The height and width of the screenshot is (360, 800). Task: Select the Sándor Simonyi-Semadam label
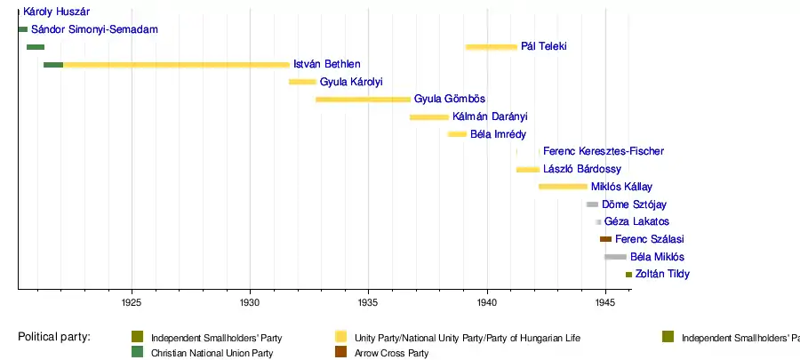click(94, 29)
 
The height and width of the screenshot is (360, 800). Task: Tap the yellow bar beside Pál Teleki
click(491, 46)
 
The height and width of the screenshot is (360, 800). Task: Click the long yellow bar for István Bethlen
click(176, 64)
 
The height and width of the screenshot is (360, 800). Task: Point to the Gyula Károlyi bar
click(302, 82)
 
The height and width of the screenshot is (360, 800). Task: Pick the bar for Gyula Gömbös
click(363, 99)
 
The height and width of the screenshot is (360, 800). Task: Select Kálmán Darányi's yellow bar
click(429, 116)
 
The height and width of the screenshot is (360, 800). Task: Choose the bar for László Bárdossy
click(528, 169)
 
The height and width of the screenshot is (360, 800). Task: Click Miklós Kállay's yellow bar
click(563, 187)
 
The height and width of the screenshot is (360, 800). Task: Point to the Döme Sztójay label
click(634, 204)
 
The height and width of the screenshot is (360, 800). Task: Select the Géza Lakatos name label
click(636, 221)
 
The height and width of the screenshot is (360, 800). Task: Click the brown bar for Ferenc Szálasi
click(605, 239)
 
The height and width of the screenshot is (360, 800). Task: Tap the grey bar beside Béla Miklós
click(615, 257)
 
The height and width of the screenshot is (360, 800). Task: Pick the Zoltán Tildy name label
click(662, 274)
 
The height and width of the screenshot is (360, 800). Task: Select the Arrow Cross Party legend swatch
click(340, 353)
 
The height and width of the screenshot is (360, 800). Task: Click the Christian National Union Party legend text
click(212, 354)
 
